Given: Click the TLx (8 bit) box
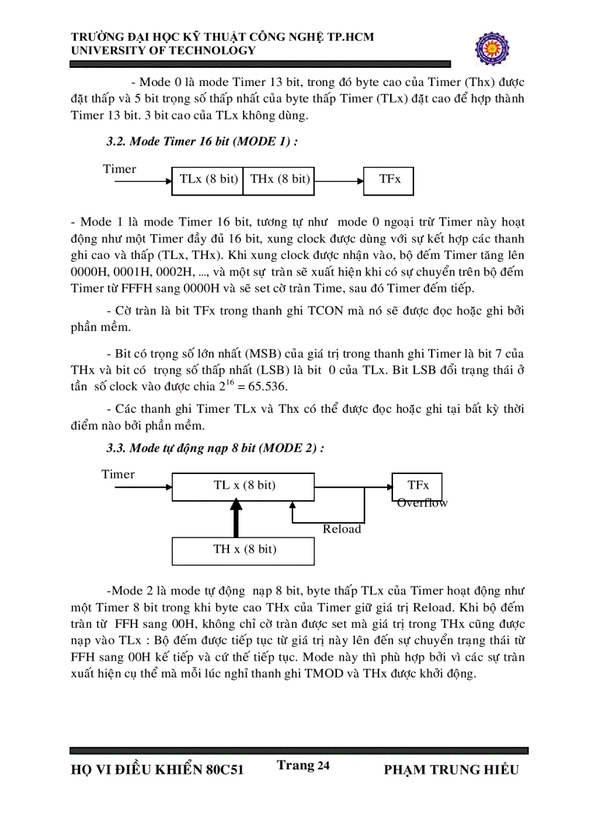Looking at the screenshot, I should (x=207, y=179).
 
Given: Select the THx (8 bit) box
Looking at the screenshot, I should (x=279, y=179).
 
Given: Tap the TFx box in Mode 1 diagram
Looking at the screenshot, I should (x=389, y=179).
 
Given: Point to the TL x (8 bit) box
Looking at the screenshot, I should (x=244, y=486).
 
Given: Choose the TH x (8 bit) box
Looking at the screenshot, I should (x=244, y=549).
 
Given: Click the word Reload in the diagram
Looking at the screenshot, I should (x=342, y=529).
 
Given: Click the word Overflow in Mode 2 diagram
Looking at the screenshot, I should (x=422, y=503).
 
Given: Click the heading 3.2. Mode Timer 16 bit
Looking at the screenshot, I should (x=202, y=142).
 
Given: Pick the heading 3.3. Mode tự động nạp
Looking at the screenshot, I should (x=215, y=448).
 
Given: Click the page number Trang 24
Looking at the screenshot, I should (x=303, y=765).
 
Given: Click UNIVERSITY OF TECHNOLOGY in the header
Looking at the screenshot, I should (x=163, y=51).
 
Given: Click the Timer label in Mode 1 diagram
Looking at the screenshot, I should (x=119, y=169).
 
